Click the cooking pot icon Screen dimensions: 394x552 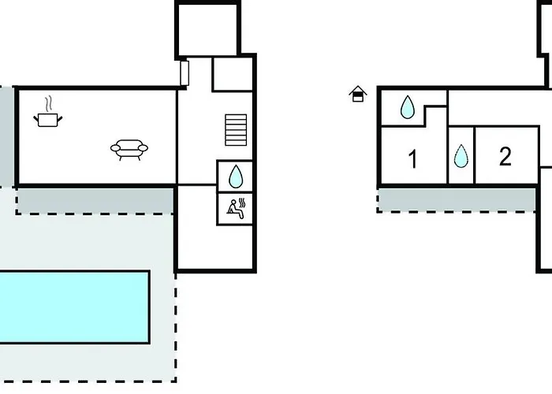(x=48, y=119)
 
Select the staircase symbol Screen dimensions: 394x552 (x=236, y=130)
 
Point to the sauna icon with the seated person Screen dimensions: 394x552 (x=235, y=208)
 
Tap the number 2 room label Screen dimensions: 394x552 (x=505, y=156)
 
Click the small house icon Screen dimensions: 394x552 (x=358, y=95)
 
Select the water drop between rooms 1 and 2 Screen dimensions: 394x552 (x=461, y=157)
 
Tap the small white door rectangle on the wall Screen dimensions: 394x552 (x=185, y=72)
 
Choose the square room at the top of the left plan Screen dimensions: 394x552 (x=207, y=29)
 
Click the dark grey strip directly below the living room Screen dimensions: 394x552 (x=95, y=201)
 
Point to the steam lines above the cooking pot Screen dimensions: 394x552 (x=50, y=103)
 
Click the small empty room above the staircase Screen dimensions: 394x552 (x=233, y=73)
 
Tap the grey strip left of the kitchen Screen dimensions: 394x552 (x=6, y=136)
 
